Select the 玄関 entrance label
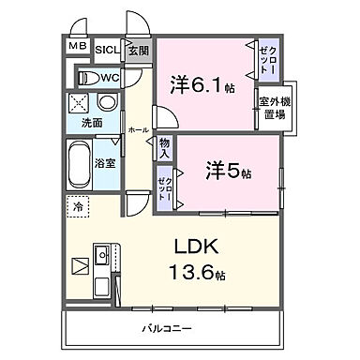138,50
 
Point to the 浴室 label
105,164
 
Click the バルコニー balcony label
170,329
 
